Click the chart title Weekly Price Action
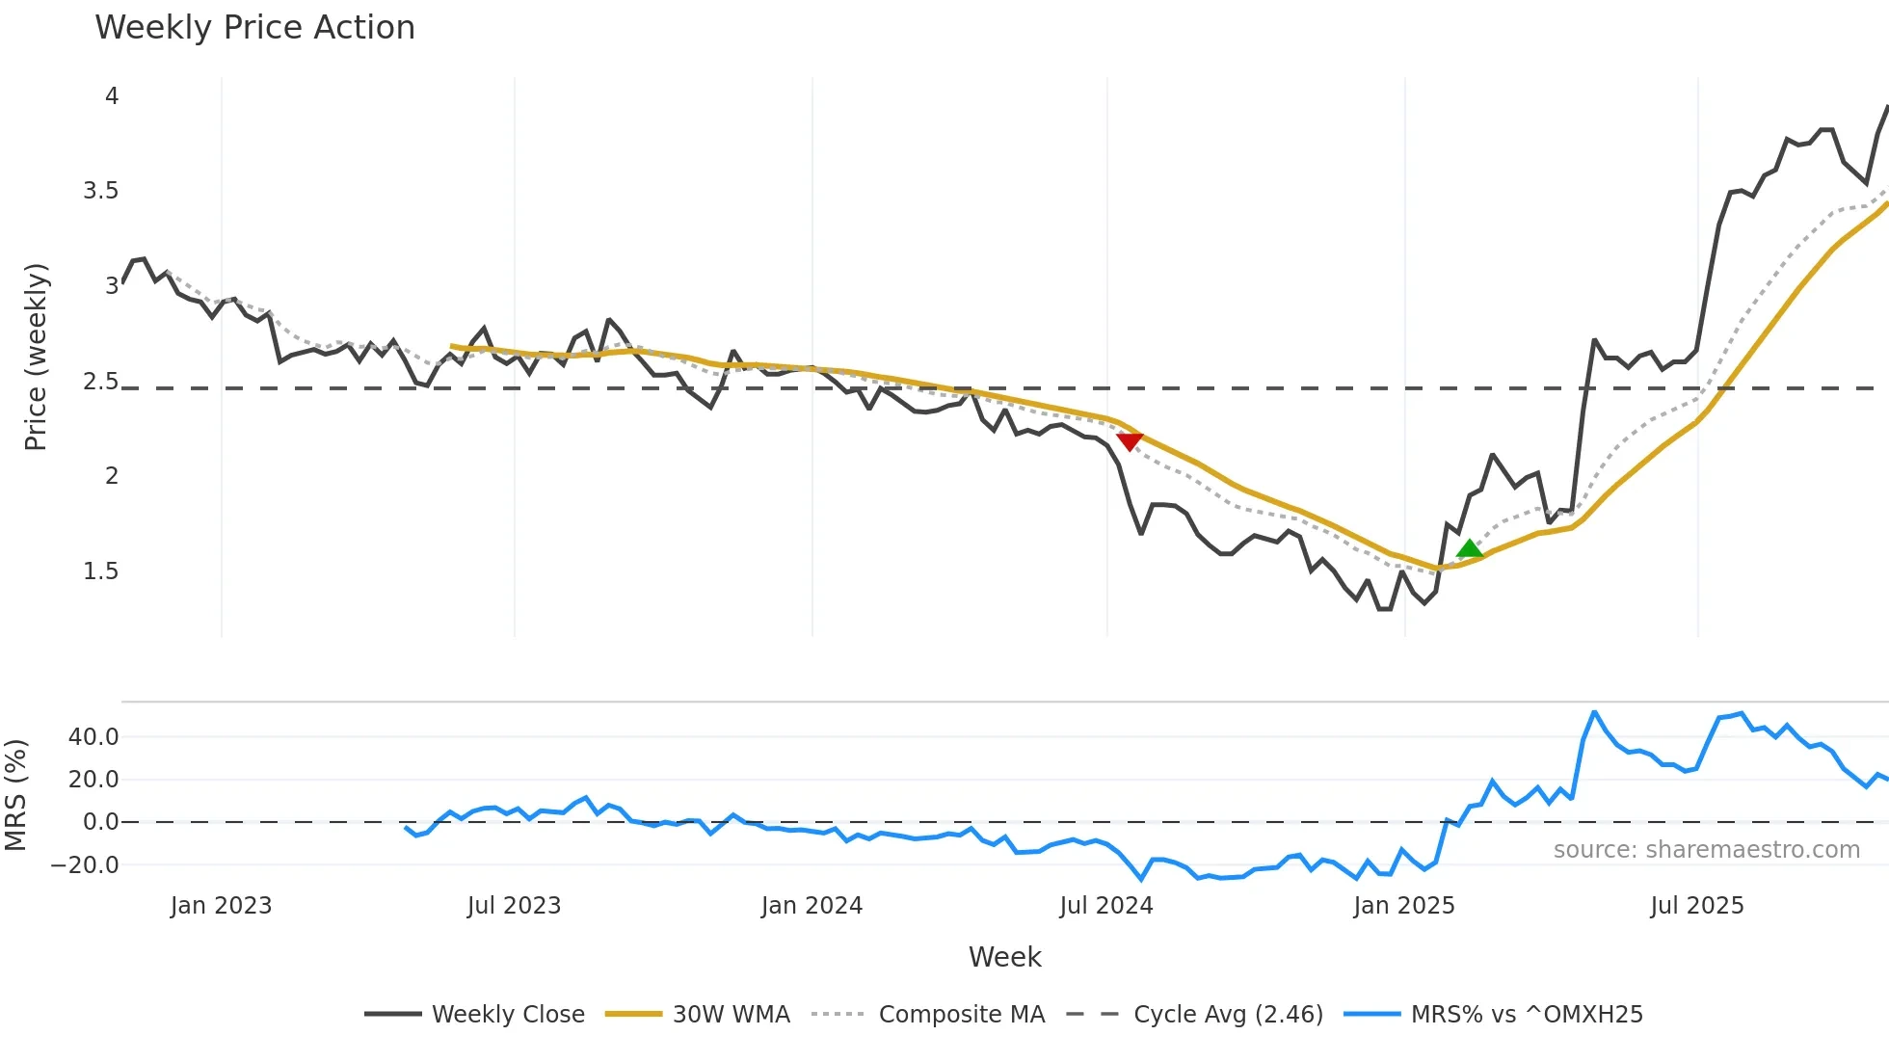click(254, 28)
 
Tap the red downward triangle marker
click(1130, 441)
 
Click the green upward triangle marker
click(1470, 549)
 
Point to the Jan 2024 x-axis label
click(811, 906)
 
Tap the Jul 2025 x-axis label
click(1697, 906)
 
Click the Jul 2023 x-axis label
click(514, 906)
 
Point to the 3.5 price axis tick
click(101, 191)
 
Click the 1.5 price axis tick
click(101, 571)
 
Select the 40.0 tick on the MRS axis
click(93, 737)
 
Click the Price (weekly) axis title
click(36, 357)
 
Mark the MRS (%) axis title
click(15, 795)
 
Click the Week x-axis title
click(1004, 957)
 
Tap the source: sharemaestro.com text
click(1706, 850)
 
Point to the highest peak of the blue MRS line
click(1594, 712)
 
